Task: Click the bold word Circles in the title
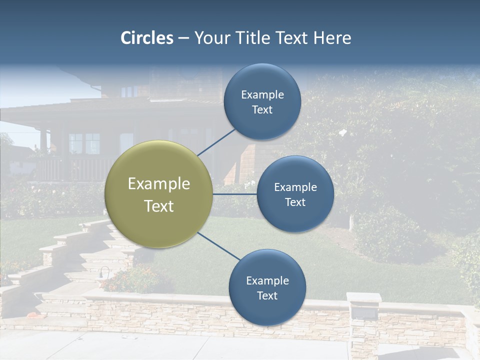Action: tap(147, 38)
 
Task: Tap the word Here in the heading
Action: tap(332, 38)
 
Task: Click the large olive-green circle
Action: tap(159, 194)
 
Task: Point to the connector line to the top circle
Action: tap(216, 142)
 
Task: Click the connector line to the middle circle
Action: tap(235, 194)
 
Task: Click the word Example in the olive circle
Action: tap(159, 184)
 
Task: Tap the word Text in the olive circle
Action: tap(159, 206)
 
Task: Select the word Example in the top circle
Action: tap(262, 94)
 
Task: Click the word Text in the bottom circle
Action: tap(267, 295)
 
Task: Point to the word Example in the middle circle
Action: tap(295, 187)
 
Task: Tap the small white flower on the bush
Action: tap(343, 133)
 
